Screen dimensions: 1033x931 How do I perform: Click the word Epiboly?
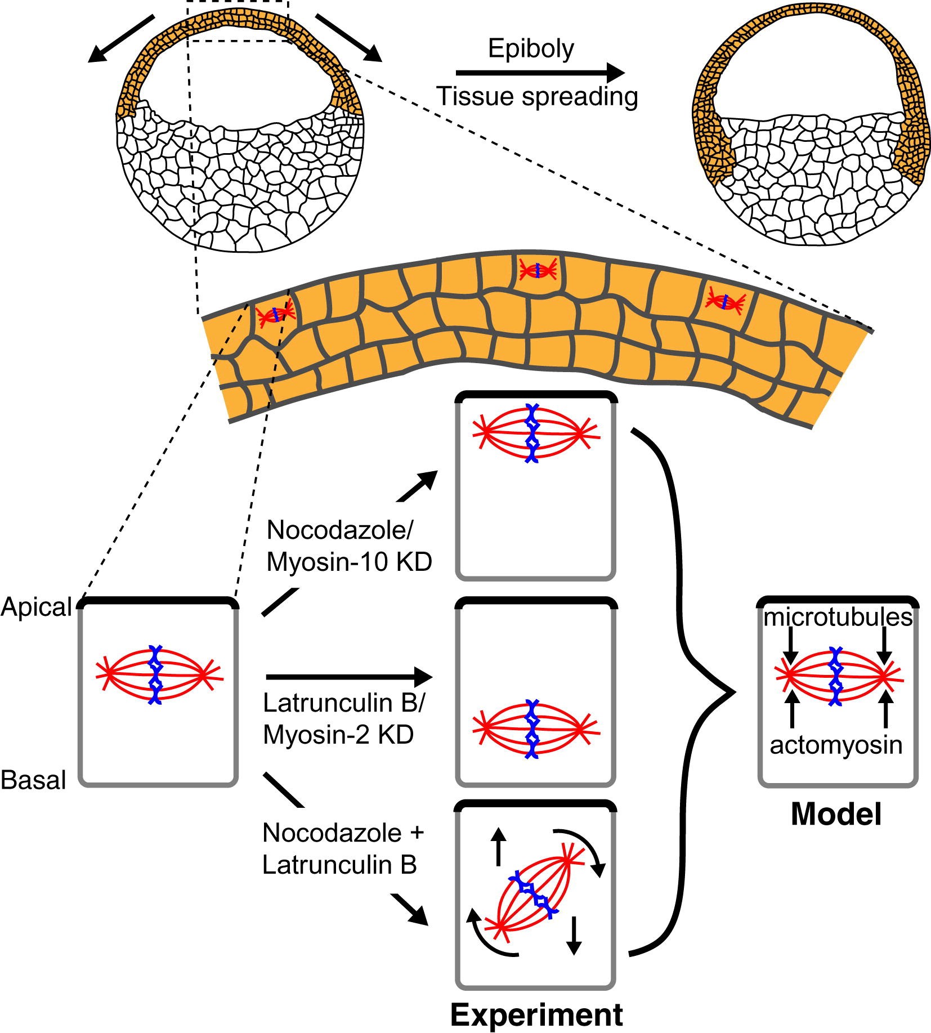(x=531, y=50)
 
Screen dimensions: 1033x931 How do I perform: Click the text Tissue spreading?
(x=537, y=97)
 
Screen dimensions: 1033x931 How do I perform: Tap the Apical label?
(x=37, y=607)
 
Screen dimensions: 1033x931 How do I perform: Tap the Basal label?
(x=34, y=780)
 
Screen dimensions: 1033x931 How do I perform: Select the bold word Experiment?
(x=536, y=1016)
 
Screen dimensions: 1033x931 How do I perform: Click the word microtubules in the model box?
(x=838, y=618)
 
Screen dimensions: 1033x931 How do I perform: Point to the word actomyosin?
(x=836, y=745)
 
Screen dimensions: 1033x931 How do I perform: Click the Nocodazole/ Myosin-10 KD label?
(x=349, y=546)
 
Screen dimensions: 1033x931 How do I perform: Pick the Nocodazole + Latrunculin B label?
(x=342, y=849)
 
